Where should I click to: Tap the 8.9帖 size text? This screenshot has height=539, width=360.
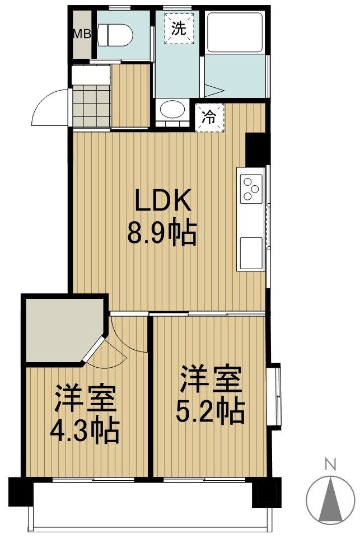[162, 233]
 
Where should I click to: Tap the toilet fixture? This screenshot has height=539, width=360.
[116, 36]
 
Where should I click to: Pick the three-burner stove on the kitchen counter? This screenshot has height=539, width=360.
[251, 189]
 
